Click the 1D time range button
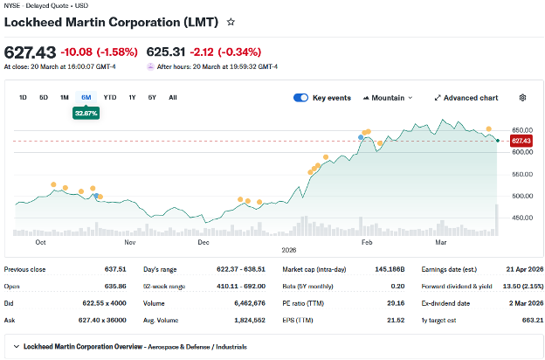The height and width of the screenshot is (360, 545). (x=23, y=97)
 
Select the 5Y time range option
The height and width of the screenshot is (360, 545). (x=152, y=97)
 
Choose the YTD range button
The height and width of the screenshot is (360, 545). (x=110, y=97)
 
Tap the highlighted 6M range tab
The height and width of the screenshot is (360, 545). (x=86, y=97)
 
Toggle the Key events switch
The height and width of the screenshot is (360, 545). (x=300, y=98)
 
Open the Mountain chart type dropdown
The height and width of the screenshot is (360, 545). (x=387, y=98)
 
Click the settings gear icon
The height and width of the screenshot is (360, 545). (x=522, y=98)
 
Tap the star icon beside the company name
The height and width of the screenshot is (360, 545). (x=231, y=21)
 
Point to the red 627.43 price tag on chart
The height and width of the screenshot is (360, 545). (x=521, y=141)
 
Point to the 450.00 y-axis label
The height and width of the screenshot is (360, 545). (x=521, y=218)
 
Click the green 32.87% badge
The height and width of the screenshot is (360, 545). (x=86, y=113)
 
